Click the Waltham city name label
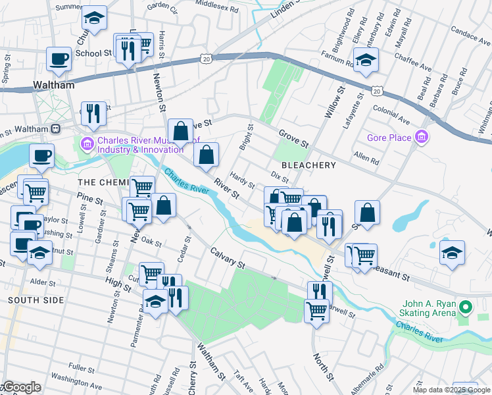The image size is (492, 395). (x=54, y=86)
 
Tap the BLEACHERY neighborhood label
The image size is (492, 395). (x=308, y=165)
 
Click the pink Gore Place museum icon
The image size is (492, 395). (x=422, y=138)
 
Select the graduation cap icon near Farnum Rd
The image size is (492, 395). (x=366, y=60)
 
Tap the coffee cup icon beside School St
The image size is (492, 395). (x=59, y=59)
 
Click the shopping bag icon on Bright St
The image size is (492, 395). (x=207, y=155)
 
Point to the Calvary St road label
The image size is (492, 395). (x=228, y=258)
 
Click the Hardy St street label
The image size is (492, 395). (x=237, y=180)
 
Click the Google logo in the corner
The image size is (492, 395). (x=21, y=388)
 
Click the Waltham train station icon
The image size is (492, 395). (x=56, y=128)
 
